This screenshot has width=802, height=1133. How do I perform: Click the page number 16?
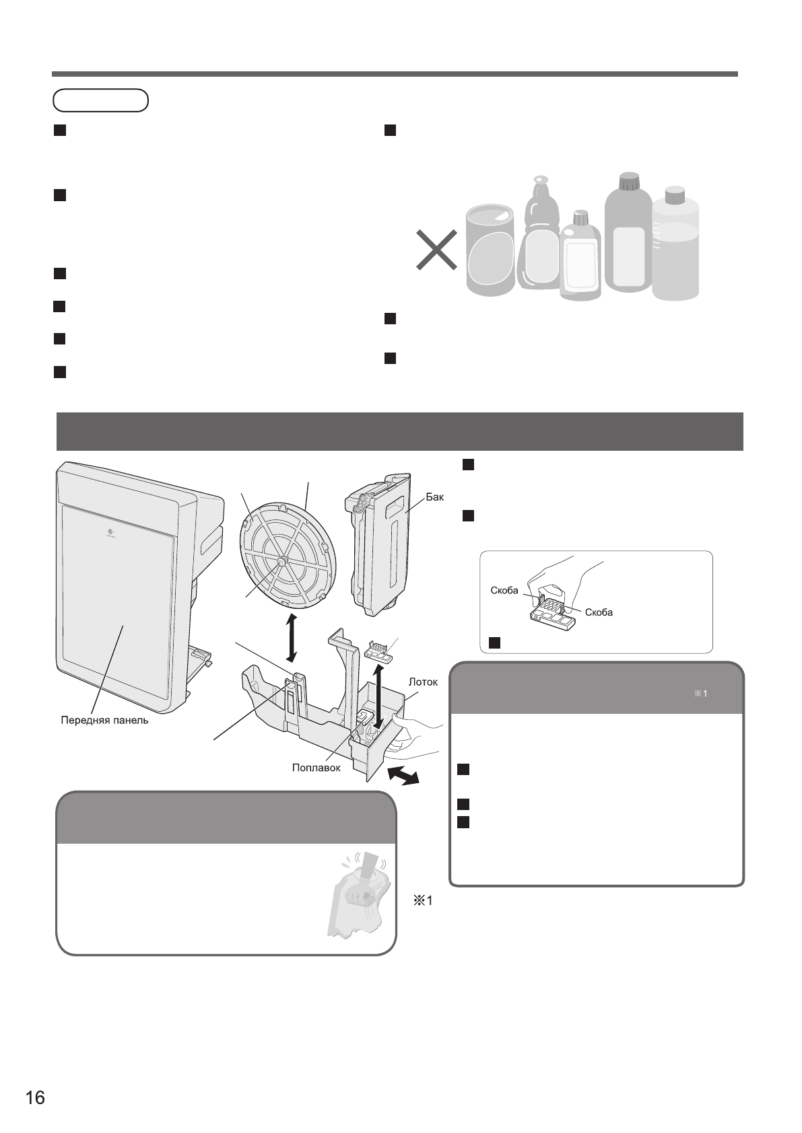35,1098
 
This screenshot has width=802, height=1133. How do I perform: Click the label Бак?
435,498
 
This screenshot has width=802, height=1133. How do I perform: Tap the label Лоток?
423,682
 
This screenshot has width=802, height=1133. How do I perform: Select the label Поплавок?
316,767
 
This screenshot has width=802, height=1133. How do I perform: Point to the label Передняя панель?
104,721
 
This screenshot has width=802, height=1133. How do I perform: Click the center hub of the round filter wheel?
281,558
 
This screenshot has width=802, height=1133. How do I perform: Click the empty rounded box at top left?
100,100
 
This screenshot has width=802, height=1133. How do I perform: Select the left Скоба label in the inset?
504,591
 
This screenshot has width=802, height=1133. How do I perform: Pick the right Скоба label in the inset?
599,612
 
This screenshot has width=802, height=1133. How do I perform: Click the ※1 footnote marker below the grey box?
422,901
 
